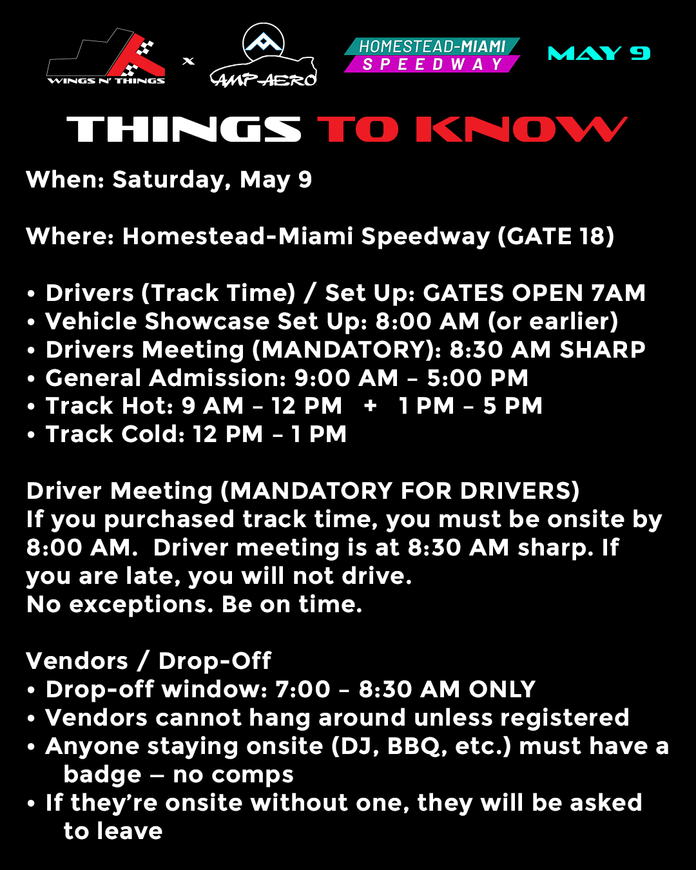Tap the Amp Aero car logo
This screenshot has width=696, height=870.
click(x=264, y=55)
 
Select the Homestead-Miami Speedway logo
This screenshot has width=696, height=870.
click(x=432, y=55)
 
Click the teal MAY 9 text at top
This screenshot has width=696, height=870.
click(x=599, y=53)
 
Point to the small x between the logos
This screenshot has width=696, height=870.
click(x=188, y=61)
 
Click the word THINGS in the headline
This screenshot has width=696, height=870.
click(x=184, y=130)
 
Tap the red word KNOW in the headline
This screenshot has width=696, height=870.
click(x=522, y=130)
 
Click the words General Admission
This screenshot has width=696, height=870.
click(x=166, y=378)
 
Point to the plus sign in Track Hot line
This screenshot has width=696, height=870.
click(x=371, y=405)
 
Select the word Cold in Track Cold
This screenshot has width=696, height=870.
click(x=153, y=434)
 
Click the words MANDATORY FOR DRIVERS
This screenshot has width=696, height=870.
click(x=400, y=491)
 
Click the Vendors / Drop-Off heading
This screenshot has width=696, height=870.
click(x=148, y=661)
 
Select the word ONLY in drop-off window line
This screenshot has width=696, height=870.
click(x=502, y=690)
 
